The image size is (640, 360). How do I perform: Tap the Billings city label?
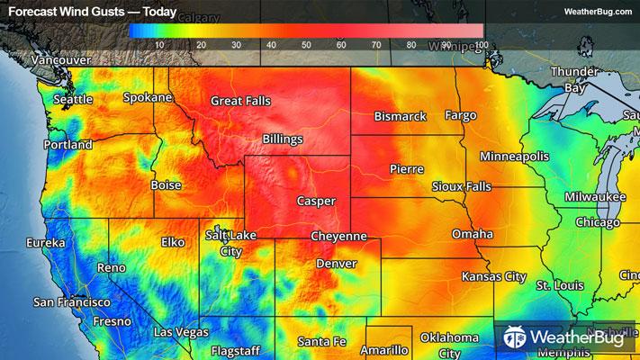tap(283, 139)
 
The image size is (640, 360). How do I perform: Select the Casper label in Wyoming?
tap(316, 202)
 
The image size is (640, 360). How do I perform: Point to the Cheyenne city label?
tap(338, 236)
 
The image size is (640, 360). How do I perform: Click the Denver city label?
tap(336, 264)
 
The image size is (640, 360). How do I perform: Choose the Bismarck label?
tap(401, 116)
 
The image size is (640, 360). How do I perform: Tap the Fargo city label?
tap(460, 116)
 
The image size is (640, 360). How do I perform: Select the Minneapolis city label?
tap(514, 157)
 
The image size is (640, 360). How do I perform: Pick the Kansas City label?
tap(493, 276)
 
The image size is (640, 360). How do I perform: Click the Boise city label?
tap(166, 184)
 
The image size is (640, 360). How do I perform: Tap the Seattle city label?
tap(73, 100)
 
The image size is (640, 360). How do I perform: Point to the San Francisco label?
tap(71, 302)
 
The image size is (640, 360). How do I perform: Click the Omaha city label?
tap(473, 234)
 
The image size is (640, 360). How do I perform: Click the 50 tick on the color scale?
tap(306, 45)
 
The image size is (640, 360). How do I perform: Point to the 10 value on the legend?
tap(159, 45)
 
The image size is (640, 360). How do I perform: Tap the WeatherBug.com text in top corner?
tap(599, 12)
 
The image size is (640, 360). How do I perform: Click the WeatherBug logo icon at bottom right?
tap(516, 337)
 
